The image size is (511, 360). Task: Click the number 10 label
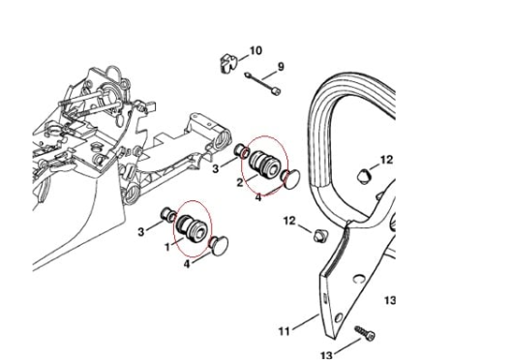pos(255,49)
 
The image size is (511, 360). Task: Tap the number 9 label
pos(281,67)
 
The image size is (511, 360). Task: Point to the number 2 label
pos(239,183)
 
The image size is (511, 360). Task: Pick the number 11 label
pos(285,331)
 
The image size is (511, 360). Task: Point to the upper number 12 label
pos(385,159)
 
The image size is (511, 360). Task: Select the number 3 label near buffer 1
pos(141,231)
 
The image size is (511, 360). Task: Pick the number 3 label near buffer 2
pos(216,168)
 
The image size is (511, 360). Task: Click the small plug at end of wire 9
pos(277,93)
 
